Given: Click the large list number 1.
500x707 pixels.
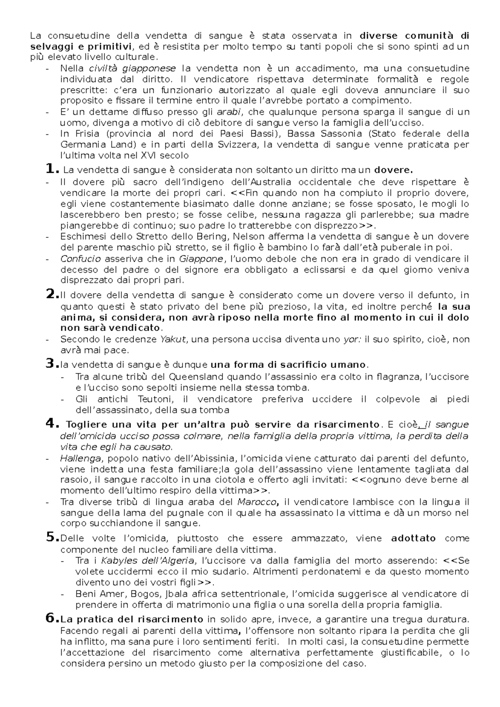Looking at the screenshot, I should [50, 169].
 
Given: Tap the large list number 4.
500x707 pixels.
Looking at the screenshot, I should [50, 424].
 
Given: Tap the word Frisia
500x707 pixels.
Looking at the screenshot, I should [86, 134].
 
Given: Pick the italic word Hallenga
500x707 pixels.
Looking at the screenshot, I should [80, 458].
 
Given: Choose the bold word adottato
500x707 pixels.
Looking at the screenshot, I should [413, 538].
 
